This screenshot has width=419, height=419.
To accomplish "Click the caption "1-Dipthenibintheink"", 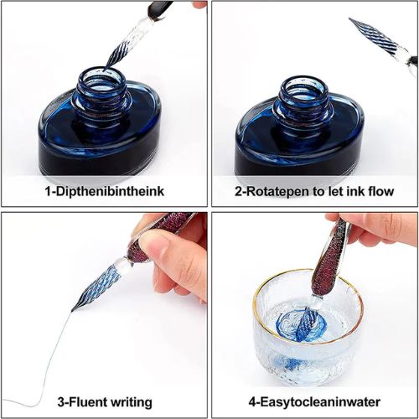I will [105, 191].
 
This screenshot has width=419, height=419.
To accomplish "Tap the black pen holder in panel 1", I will [160, 10].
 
